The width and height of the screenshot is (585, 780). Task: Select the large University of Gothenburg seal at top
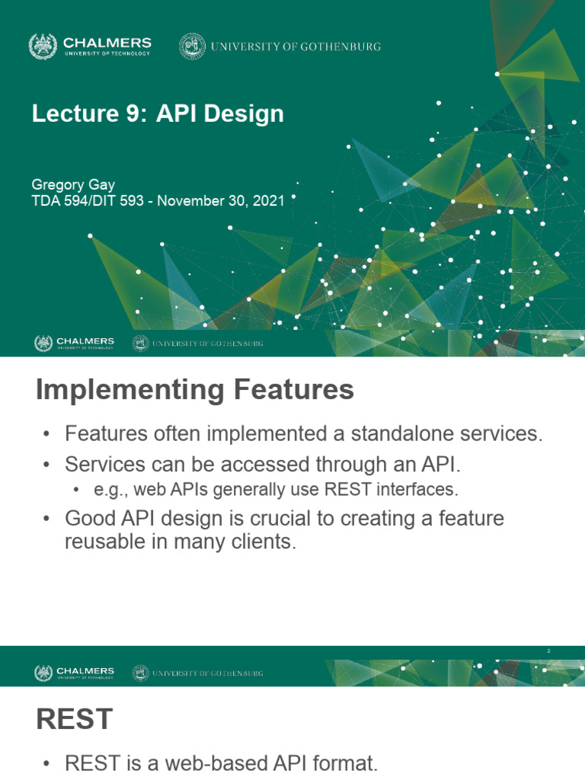[x=192, y=46]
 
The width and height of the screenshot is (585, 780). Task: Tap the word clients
[x=267, y=544]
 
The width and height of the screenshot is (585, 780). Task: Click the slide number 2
[x=548, y=650]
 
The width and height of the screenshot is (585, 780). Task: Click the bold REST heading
[x=74, y=719]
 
